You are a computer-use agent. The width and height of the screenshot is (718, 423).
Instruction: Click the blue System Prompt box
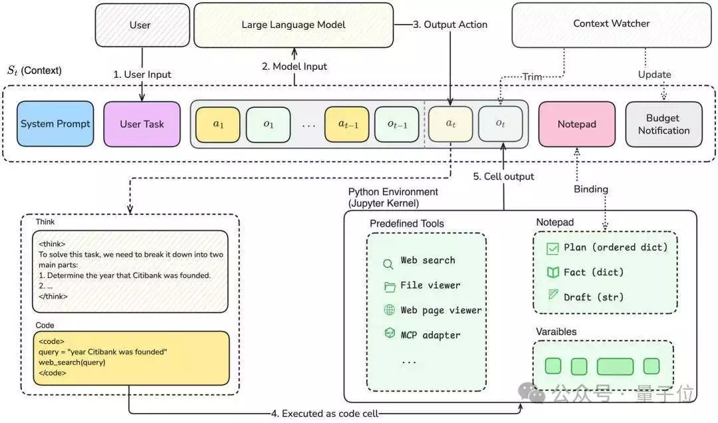(x=55, y=124)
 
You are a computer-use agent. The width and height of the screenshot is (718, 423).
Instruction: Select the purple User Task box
(x=142, y=124)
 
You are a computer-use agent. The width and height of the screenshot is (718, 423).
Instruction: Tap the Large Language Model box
(x=294, y=25)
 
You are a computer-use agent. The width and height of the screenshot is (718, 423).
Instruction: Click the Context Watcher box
(x=612, y=25)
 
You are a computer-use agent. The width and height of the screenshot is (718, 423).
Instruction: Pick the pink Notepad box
(x=577, y=124)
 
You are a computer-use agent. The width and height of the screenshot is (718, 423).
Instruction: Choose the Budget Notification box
(x=664, y=124)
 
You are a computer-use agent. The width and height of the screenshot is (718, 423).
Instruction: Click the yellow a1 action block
(x=218, y=124)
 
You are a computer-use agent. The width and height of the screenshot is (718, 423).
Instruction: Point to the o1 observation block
(x=269, y=124)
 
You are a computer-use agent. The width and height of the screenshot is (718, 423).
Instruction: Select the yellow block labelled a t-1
(x=347, y=124)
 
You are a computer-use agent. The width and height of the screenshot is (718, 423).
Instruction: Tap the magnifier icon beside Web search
(x=388, y=264)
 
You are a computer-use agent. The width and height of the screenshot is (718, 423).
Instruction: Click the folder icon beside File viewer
(x=390, y=287)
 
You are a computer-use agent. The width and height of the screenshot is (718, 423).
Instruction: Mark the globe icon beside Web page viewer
(x=389, y=310)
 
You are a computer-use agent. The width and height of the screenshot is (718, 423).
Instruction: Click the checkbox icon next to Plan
(x=552, y=248)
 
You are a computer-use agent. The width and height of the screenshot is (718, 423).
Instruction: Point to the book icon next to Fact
(x=553, y=273)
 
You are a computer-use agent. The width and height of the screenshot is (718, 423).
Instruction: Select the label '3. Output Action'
(x=450, y=25)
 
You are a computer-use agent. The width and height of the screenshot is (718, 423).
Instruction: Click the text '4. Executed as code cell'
(x=324, y=414)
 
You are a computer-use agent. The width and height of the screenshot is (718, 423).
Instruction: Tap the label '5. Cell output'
(x=503, y=176)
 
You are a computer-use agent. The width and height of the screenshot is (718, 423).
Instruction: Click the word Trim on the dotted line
(x=533, y=76)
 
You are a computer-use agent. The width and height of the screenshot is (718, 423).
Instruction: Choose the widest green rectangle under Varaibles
(x=615, y=366)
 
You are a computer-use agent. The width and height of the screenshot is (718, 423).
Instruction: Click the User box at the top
(x=142, y=25)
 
